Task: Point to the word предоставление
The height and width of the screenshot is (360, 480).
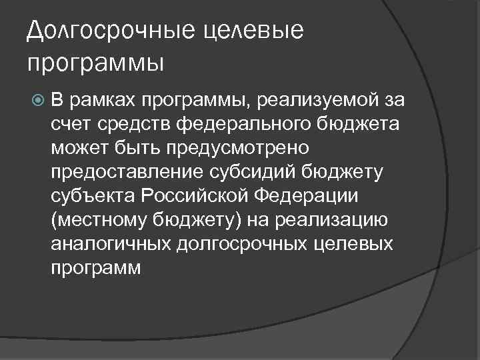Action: pos(123,173)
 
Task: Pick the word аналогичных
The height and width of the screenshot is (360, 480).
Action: pos(109,245)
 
